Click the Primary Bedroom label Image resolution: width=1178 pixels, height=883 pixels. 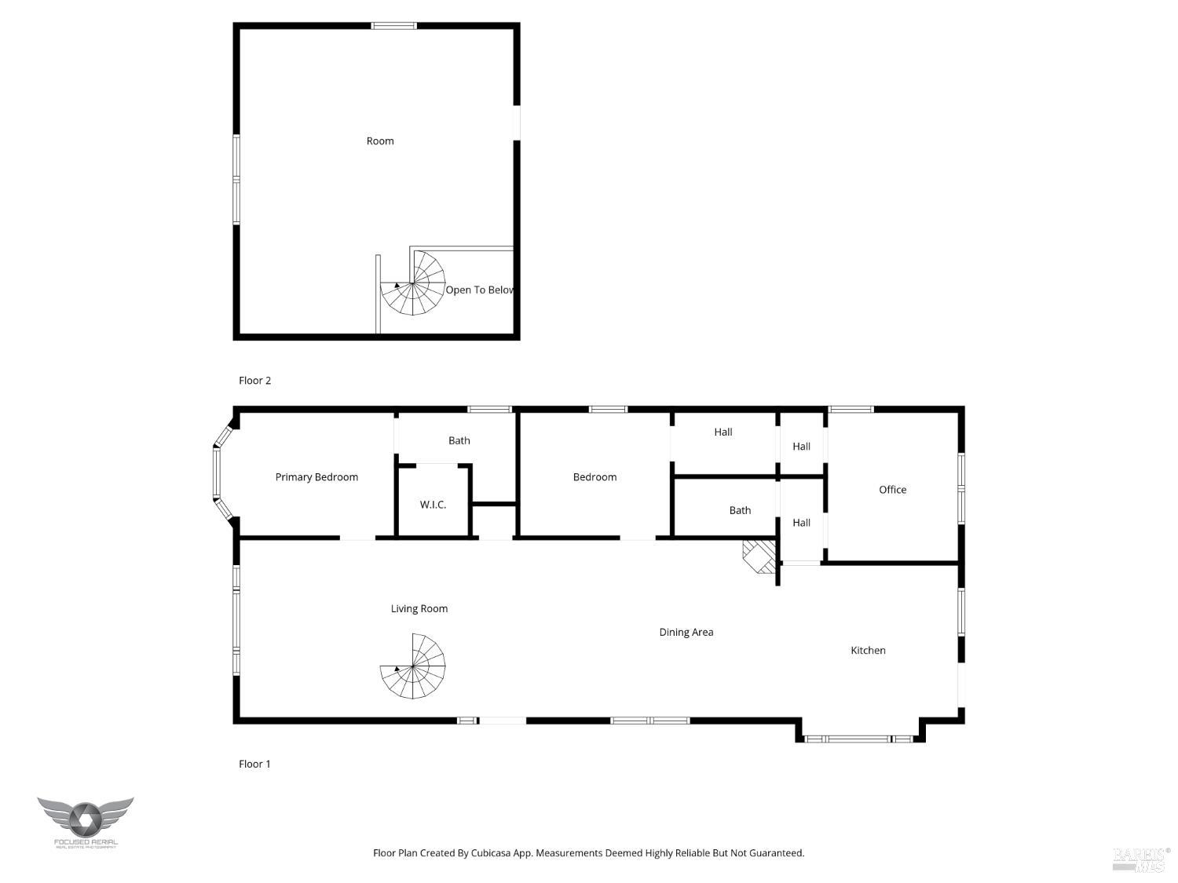coord(316,477)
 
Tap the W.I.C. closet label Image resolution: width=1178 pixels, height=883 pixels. coord(433,505)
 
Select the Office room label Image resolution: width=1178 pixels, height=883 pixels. coord(892,490)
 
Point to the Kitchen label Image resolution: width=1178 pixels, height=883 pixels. coord(868,651)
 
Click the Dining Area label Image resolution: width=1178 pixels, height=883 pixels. coord(686,633)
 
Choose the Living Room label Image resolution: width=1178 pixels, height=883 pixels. coord(419,609)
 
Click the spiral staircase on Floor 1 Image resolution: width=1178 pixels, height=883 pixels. coord(413,667)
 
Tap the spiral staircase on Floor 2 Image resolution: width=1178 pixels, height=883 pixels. coord(413,283)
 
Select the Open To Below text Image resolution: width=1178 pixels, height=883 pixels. coord(479,290)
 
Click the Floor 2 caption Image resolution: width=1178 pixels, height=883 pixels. coord(254,381)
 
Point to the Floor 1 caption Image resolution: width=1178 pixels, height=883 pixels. coord(254,764)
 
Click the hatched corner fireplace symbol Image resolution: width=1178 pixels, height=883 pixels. coord(759,556)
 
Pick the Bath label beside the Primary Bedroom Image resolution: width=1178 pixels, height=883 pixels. coord(459,441)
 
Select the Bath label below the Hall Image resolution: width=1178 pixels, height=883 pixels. coord(740,511)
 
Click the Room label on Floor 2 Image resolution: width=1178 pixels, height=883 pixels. coord(380,141)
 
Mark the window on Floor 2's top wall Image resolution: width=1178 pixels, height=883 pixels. coord(394,26)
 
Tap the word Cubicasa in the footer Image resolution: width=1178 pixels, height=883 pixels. coord(492,853)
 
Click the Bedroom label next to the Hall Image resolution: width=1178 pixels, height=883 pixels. coord(594,477)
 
